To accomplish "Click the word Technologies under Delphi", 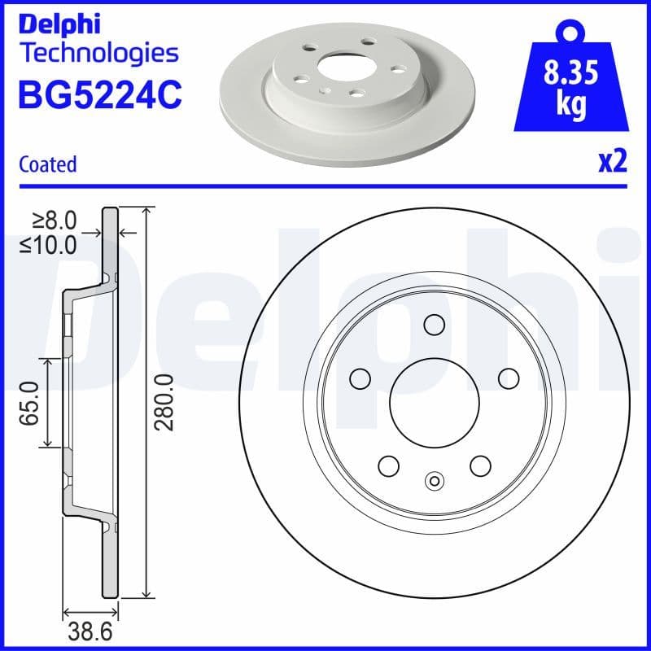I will (98, 54).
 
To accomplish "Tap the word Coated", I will (47, 164).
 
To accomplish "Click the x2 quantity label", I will (612, 163).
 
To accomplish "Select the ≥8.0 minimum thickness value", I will (55, 219).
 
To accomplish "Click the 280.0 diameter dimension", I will (164, 403).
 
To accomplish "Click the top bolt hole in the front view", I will (434, 324).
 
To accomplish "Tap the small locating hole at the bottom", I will (434, 482).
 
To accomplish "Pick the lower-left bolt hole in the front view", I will (388, 465).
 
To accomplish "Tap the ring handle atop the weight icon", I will (570, 30).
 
